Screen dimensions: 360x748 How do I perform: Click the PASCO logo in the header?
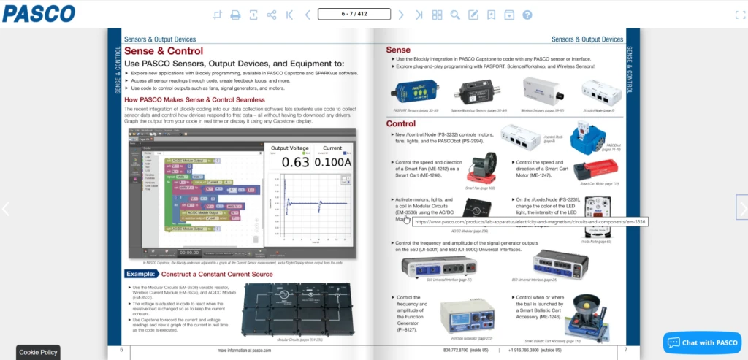tap(38, 13)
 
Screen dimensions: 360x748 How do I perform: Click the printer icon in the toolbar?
tap(235, 15)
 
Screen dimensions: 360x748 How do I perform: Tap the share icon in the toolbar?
tap(272, 15)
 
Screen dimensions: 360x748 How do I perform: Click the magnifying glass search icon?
tap(455, 15)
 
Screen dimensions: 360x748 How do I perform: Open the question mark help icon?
tap(527, 15)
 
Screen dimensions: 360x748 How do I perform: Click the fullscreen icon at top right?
tap(739, 15)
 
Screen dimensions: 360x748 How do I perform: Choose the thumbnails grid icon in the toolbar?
tap(437, 15)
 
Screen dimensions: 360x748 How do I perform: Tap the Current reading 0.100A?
tap(332, 162)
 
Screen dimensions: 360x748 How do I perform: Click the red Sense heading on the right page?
tap(398, 50)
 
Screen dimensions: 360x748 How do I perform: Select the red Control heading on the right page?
tap(400, 123)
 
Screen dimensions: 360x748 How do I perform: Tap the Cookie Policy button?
tap(38, 352)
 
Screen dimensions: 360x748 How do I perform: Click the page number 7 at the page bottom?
tap(625, 350)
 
